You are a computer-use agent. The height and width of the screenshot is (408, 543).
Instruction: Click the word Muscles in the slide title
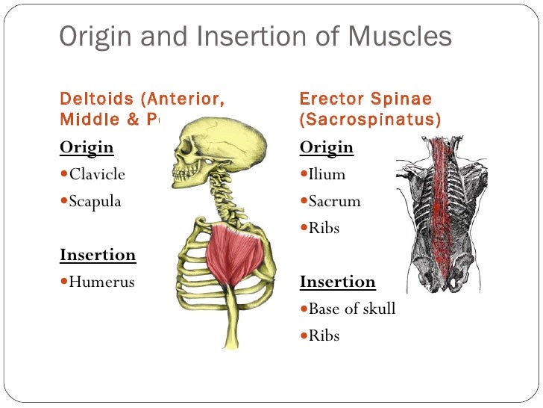pos(401,36)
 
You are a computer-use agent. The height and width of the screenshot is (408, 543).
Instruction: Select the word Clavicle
pos(97,174)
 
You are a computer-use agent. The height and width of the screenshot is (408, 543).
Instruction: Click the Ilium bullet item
pos(327,174)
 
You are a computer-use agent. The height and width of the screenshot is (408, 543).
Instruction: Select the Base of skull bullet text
pos(351,309)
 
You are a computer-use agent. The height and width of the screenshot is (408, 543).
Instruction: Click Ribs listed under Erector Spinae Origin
pos(324,228)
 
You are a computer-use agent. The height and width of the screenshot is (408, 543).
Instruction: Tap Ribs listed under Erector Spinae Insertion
pos(324,336)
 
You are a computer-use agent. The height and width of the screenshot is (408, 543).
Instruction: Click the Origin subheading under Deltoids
pos(87,146)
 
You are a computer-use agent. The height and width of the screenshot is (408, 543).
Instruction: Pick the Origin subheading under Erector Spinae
pos(327,146)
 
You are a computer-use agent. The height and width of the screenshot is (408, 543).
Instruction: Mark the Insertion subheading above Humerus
pos(98,254)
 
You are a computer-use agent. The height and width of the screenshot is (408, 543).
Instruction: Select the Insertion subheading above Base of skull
pos(338,282)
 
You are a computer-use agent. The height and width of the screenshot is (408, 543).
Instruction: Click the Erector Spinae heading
pos(365,99)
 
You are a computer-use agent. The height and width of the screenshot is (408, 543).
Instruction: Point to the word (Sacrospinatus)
pos(370,118)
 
